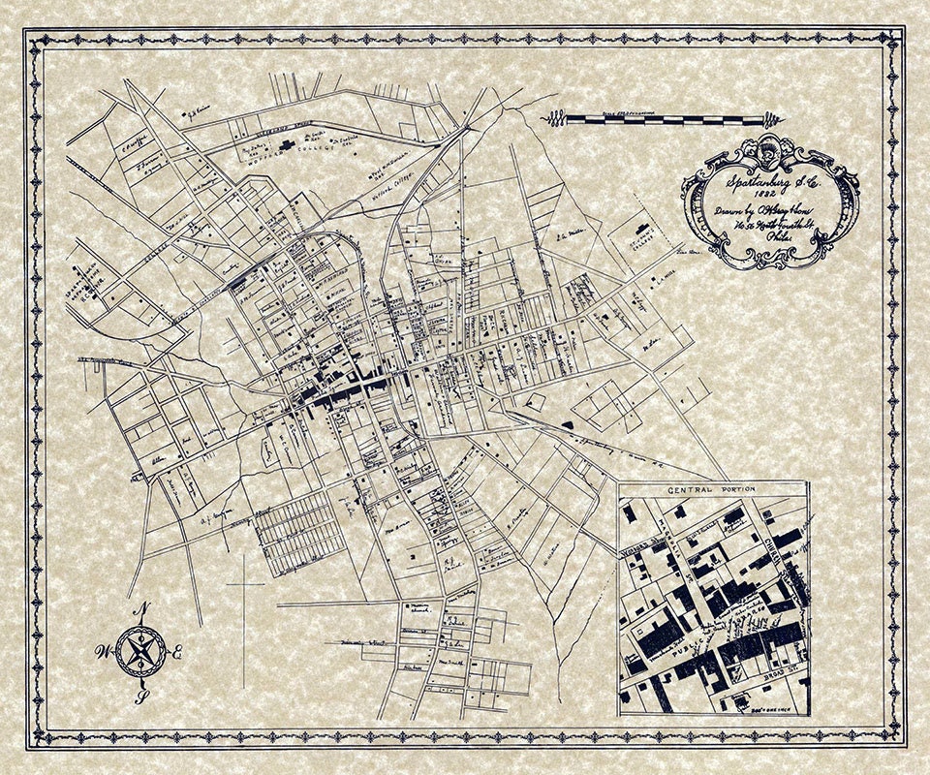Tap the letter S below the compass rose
click(143, 694)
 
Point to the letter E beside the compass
click(178, 654)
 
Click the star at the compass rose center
click(142, 649)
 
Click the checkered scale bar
click(668, 118)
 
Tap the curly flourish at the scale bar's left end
click(554, 118)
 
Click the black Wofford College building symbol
click(288, 145)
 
